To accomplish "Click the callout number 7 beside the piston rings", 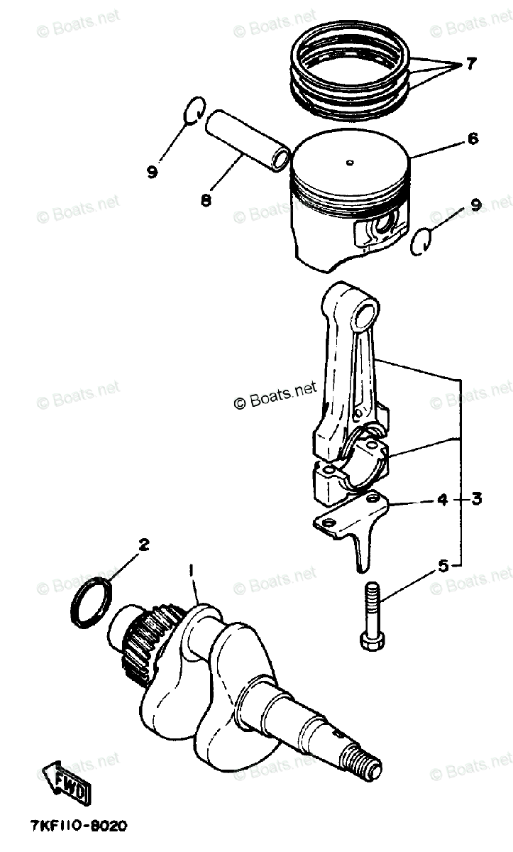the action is pyautogui.click(x=470, y=63).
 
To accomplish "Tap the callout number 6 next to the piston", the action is pyautogui.click(x=472, y=138).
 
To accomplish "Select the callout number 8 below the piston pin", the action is pyautogui.click(x=206, y=199).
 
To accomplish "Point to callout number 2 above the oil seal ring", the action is pyautogui.click(x=143, y=545).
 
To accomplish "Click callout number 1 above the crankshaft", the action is pyautogui.click(x=191, y=581).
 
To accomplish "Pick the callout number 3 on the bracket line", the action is pyautogui.click(x=477, y=498).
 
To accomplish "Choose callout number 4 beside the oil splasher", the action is pyautogui.click(x=442, y=499).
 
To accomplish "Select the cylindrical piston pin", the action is pyautogui.click(x=247, y=141).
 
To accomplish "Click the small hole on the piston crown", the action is pyautogui.click(x=350, y=163).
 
